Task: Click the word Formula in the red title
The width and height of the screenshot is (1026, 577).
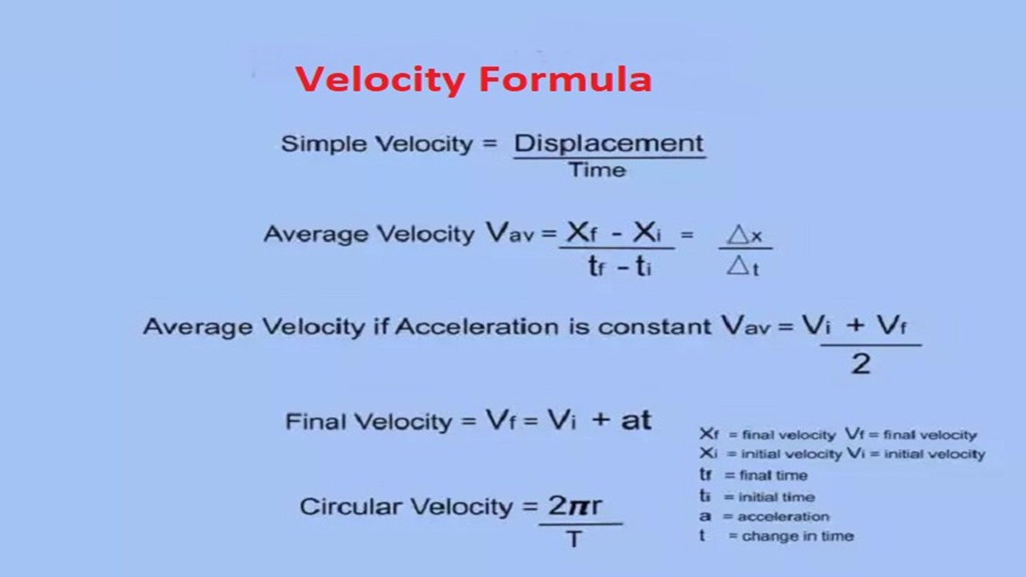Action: point(565,79)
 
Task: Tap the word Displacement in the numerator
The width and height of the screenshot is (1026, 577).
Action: point(608,143)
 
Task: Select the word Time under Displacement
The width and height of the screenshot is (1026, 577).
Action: point(597,171)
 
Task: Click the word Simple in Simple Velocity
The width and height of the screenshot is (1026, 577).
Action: point(324,143)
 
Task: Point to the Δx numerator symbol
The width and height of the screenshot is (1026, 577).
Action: point(745,236)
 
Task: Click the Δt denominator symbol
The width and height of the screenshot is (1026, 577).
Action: point(743,266)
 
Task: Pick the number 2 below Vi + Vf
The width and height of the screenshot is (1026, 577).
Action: point(861,365)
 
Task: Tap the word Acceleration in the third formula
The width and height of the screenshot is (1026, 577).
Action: point(477,327)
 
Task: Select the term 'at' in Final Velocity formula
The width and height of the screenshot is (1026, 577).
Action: point(636,420)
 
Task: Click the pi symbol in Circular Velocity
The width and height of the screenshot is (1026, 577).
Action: point(580,506)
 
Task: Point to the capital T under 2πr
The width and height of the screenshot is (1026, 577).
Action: point(575,539)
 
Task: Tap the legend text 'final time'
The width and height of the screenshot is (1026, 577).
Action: point(774,475)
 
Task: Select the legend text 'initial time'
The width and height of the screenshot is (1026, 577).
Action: point(777,497)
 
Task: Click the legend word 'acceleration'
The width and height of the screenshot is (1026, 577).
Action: point(784,517)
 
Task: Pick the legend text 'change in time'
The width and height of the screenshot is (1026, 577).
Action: point(798,536)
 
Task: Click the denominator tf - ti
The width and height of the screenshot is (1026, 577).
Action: point(620,266)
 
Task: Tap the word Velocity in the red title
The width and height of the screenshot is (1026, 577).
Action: point(381,80)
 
